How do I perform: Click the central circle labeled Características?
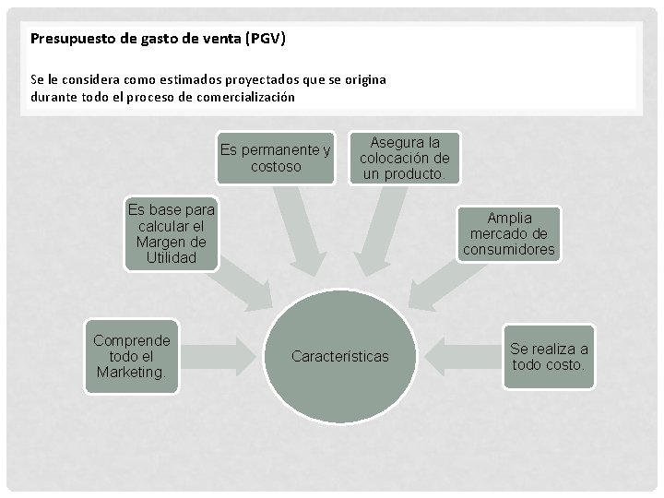point(340,356)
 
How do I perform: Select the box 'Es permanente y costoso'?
point(276,158)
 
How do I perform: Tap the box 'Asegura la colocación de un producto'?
point(404,158)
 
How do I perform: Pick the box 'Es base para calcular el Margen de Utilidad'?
point(172,234)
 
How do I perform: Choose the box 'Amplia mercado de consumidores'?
point(509,233)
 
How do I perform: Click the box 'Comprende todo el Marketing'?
point(131,356)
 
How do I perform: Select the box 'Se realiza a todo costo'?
point(549,357)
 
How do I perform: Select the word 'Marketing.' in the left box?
point(131,373)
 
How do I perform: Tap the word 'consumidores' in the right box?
point(509,249)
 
